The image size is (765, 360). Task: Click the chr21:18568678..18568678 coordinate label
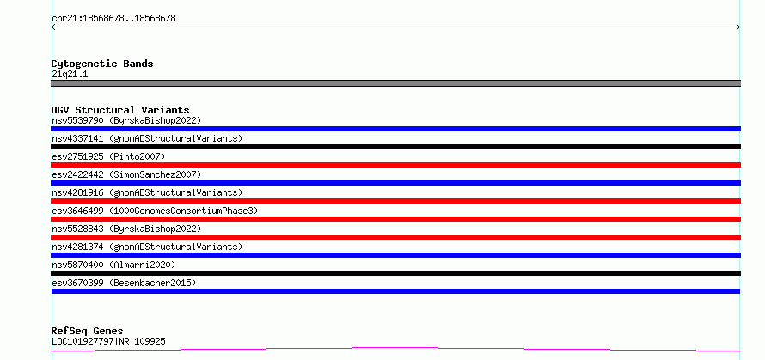coord(113,19)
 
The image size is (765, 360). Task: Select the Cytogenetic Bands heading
coord(102,64)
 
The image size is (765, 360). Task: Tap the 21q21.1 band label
coord(70,75)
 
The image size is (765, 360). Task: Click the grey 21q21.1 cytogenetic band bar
coord(395,83)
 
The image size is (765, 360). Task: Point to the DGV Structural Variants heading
coord(120,110)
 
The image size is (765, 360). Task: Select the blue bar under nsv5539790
coord(395,129)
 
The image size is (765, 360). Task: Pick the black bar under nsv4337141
coord(395,147)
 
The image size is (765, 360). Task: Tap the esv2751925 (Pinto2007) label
coord(108,156)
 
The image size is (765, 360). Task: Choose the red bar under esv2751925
coord(395,165)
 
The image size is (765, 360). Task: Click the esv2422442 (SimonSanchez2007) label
coord(126,174)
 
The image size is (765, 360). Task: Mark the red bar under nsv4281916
coord(395,201)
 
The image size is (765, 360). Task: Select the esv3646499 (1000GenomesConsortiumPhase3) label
coord(155,211)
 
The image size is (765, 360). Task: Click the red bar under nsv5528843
coord(395,237)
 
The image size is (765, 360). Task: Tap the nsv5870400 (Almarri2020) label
coord(113,265)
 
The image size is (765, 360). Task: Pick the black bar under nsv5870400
coord(395,273)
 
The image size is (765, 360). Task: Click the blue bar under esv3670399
coord(395,291)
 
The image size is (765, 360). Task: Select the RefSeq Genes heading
coord(87,331)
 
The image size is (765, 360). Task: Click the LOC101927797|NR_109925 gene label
coord(108,341)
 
